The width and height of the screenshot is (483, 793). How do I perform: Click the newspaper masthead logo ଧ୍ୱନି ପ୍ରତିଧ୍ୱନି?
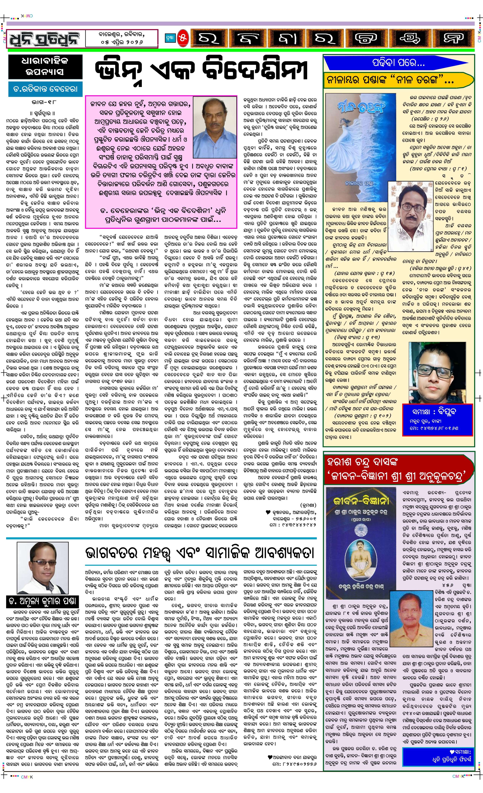pos(46,39)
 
